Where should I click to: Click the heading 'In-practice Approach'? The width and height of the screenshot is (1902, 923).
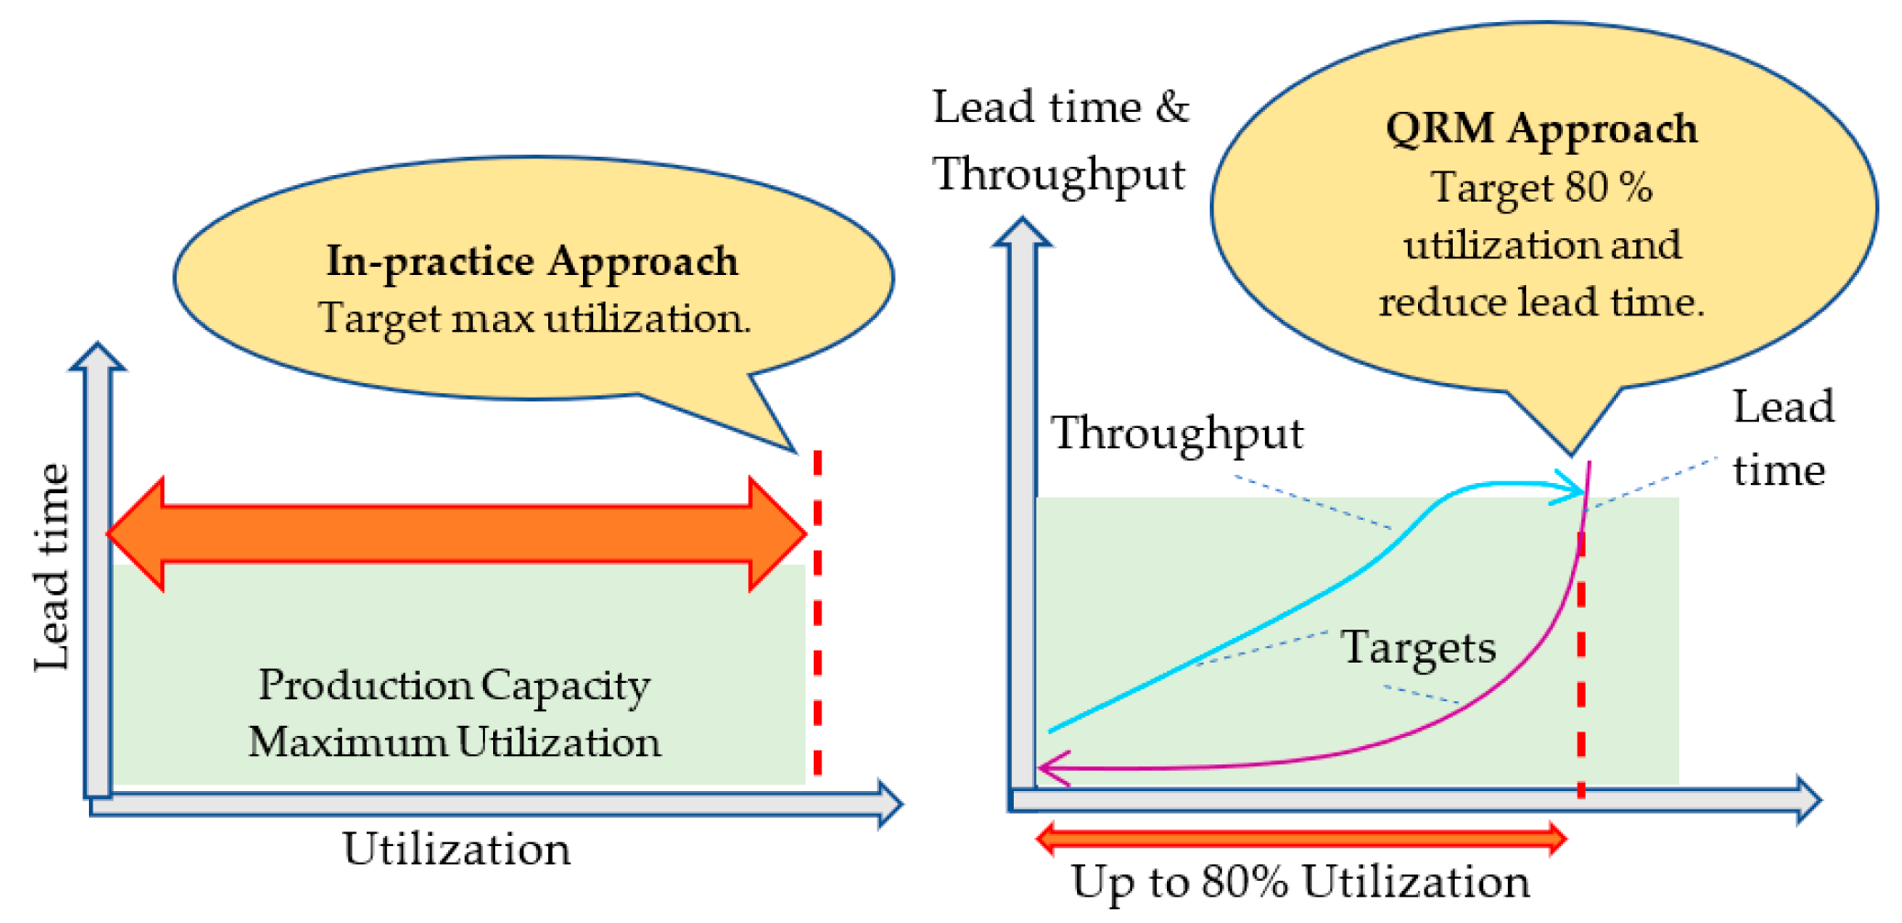[x=532, y=261]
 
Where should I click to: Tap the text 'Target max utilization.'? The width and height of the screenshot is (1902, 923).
[x=534, y=319]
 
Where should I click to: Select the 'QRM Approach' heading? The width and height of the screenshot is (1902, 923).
[x=1541, y=128]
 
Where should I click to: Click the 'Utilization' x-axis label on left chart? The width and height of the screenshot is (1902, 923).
[x=456, y=849]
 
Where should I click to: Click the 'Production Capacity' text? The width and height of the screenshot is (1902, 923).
[x=454, y=686]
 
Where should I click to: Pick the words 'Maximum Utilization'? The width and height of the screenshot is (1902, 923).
[x=454, y=742]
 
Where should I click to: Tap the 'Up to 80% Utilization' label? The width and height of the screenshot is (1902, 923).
[x=1300, y=882]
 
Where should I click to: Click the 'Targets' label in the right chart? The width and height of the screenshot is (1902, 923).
[x=1418, y=648]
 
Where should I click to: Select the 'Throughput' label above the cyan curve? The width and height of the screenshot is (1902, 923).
[x=1176, y=433]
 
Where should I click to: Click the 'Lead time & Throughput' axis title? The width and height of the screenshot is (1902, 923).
[x=1060, y=140]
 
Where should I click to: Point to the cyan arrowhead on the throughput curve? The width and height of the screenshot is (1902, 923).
[x=1569, y=489]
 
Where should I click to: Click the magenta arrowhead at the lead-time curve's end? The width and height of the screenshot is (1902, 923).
[x=1052, y=768]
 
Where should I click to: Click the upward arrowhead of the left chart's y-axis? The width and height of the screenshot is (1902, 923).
[x=97, y=357]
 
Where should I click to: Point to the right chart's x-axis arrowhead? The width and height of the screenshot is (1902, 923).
[x=1808, y=800]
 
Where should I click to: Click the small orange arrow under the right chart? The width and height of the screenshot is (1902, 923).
[x=1300, y=838]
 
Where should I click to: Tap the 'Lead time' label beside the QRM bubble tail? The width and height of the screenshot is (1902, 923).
[x=1782, y=438]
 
